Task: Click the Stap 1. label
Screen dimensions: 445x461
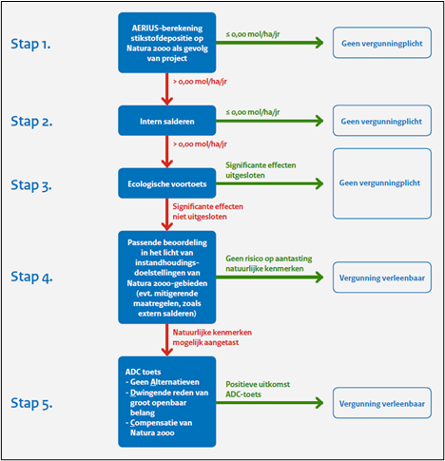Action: tap(30, 44)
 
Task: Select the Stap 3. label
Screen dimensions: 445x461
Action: tap(31, 185)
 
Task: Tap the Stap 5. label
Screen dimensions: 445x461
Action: tap(31, 403)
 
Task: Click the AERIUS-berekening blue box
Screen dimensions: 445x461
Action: tap(167, 43)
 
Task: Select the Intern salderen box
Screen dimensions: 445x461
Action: tap(167, 121)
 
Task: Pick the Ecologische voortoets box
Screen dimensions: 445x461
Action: tap(167, 183)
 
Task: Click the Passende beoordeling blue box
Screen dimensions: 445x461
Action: tap(167, 278)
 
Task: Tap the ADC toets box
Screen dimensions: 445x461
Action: tap(167, 402)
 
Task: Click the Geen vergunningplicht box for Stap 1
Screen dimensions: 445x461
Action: tap(382, 43)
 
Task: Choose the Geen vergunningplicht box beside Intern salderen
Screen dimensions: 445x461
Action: tap(382, 121)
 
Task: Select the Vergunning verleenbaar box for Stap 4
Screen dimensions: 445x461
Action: tap(382, 278)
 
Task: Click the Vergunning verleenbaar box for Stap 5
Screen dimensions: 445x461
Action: tap(382, 403)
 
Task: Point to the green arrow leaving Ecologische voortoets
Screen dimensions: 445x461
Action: tap(270, 183)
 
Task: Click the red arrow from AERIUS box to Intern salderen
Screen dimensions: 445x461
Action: tap(167, 89)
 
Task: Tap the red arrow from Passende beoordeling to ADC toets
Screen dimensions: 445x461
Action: tap(167, 340)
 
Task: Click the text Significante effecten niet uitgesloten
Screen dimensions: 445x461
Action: tap(208, 212)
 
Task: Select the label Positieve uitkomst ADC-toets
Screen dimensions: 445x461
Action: tap(258, 390)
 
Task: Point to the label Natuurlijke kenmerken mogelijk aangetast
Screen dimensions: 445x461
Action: tap(212, 337)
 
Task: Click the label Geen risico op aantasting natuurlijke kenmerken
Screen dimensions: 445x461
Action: tap(269, 263)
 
